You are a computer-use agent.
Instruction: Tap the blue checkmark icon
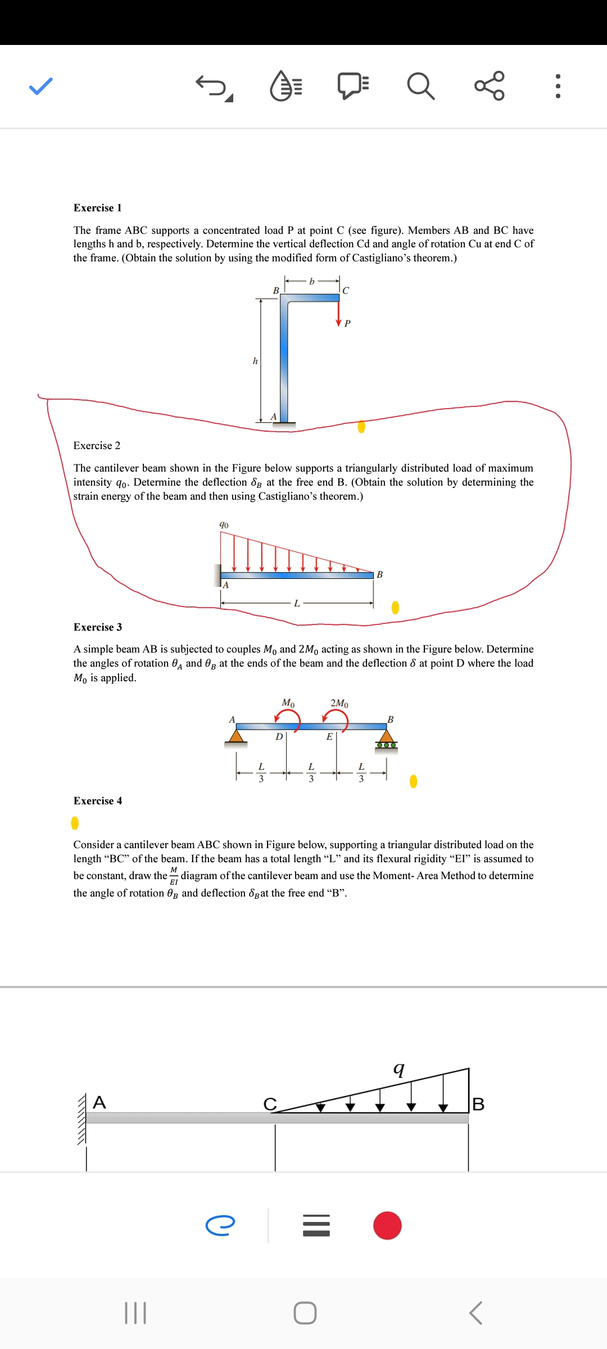click(41, 86)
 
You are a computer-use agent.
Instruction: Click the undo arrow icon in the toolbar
click(213, 87)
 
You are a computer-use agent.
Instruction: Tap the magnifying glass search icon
click(420, 86)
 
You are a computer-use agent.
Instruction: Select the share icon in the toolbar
click(490, 86)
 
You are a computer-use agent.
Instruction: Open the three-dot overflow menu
click(558, 86)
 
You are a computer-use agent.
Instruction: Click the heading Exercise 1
click(97, 208)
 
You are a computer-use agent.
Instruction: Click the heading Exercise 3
click(97, 627)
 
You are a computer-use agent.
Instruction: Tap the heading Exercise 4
click(97, 801)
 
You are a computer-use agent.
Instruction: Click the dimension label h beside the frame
click(255, 361)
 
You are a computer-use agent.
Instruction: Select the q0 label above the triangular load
click(224, 525)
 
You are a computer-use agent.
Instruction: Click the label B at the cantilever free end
click(380, 574)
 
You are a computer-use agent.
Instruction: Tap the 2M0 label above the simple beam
click(339, 703)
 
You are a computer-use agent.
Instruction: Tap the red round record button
click(387, 1225)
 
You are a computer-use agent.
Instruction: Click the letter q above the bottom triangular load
click(398, 1068)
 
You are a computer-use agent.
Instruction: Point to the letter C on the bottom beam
click(270, 1104)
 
